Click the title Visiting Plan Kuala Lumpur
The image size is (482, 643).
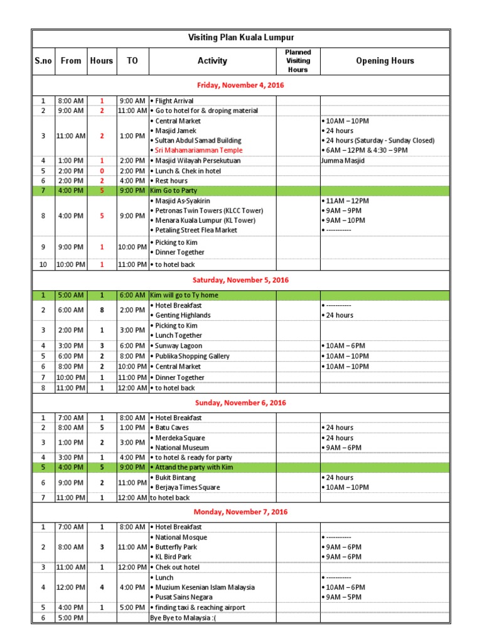click(241, 38)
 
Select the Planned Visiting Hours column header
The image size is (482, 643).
click(298, 61)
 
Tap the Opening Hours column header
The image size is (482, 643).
click(385, 61)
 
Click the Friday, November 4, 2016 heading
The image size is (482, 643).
click(241, 85)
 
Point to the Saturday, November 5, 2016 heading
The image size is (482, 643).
click(241, 280)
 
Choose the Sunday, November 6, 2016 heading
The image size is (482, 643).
click(241, 403)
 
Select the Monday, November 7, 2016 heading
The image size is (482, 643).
click(241, 512)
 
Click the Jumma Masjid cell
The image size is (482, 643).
click(343, 161)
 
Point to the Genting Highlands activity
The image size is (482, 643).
click(182, 315)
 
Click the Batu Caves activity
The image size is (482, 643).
click(173, 428)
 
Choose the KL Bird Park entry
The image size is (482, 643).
click(173, 557)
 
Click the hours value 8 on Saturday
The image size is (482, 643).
click(102, 310)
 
